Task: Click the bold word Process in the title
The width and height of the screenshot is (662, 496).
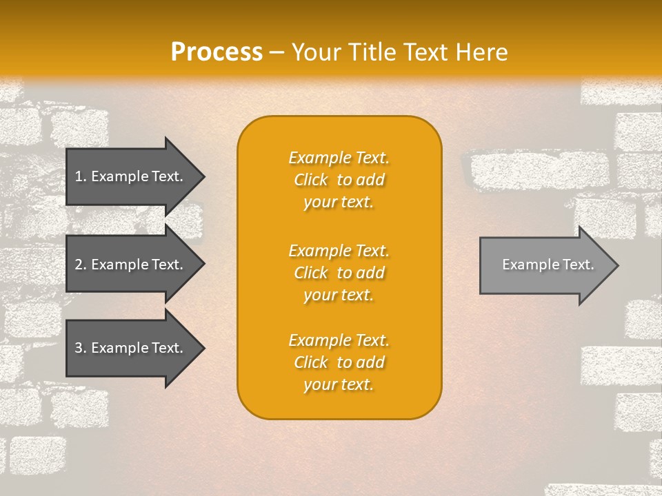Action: tap(217, 52)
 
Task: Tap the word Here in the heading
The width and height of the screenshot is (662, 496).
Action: tap(481, 52)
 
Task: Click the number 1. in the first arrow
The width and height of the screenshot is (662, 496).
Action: tap(80, 176)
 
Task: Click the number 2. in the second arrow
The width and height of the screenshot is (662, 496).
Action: tap(80, 265)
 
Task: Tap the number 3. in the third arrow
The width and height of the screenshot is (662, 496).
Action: tap(80, 348)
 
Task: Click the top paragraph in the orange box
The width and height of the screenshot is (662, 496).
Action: tap(339, 180)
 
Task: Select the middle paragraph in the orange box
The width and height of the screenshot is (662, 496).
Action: tap(339, 273)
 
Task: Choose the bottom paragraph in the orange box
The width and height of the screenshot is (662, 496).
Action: tap(339, 362)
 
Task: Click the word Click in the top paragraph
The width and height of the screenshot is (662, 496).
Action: tap(311, 180)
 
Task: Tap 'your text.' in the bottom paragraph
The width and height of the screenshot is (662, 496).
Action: tap(339, 384)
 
